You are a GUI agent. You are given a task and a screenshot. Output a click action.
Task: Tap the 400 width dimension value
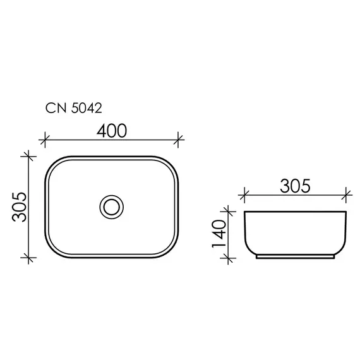[x=111, y=130]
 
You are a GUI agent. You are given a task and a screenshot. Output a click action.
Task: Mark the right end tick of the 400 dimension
[x=180, y=138]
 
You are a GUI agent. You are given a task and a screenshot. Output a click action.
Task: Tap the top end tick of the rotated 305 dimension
[x=27, y=155]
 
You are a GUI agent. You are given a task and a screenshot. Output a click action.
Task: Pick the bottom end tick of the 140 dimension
[x=228, y=257]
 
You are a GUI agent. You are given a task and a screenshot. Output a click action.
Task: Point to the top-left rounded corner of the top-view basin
[x=53, y=163]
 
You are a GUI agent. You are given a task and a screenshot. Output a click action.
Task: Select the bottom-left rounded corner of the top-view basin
[x=53, y=250]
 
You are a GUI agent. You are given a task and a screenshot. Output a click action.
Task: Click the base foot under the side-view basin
[x=296, y=256]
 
